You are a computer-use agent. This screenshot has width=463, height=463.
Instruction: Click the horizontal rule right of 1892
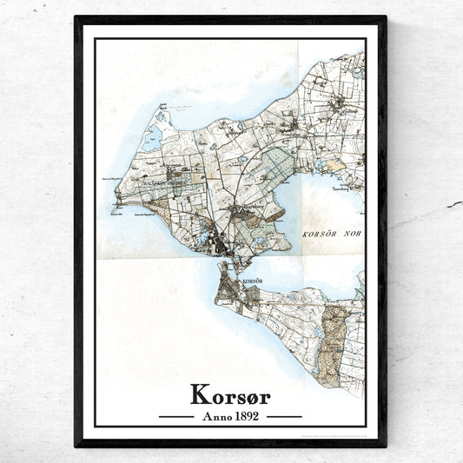(x=283, y=417)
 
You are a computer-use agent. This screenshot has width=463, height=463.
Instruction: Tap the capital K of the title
(x=199, y=396)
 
